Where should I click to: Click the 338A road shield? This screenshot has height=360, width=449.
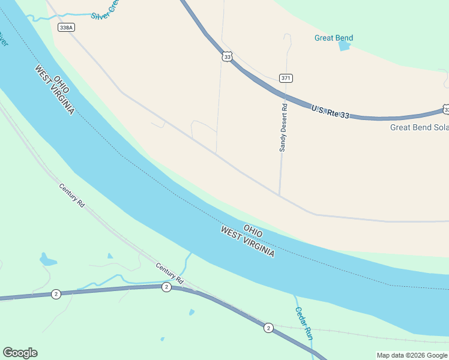[x=67, y=28]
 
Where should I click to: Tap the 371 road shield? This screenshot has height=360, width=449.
[x=286, y=78]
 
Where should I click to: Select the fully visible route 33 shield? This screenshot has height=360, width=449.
[x=226, y=56]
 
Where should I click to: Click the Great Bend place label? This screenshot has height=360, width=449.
[x=334, y=38]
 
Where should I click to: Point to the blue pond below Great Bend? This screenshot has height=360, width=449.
[x=344, y=46]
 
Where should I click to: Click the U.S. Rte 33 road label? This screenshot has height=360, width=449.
[x=330, y=110]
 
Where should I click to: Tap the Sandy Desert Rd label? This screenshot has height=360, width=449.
[x=284, y=128]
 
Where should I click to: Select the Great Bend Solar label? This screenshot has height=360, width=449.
[x=419, y=127]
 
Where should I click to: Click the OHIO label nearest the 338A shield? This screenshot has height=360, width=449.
[x=61, y=84]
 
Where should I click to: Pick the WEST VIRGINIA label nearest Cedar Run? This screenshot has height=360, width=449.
[x=247, y=242]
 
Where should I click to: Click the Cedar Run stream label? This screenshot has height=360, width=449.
[x=304, y=324]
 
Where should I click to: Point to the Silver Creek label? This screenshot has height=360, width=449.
[x=105, y=13]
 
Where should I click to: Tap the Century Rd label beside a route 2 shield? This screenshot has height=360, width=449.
[x=169, y=273]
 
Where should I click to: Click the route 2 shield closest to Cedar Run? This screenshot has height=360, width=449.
[x=268, y=328]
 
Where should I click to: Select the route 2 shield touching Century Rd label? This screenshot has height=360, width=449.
[x=166, y=287]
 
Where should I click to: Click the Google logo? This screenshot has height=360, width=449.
[x=20, y=353]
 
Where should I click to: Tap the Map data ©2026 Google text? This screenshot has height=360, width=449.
[x=412, y=355]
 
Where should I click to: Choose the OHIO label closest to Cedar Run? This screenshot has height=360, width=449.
[x=253, y=229]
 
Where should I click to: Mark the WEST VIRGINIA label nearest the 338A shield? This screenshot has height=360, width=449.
[x=55, y=91]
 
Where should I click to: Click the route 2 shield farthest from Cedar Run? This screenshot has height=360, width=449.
[x=55, y=293]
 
